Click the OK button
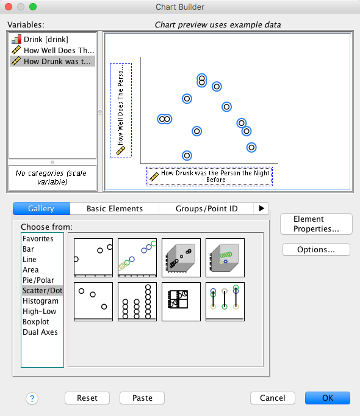(x=328, y=398)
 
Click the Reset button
(x=87, y=398)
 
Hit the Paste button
(x=142, y=398)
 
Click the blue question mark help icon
(x=32, y=398)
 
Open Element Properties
(x=316, y=224)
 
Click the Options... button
(x=316, y=249)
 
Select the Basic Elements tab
(x=115, y=208)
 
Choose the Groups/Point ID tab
(x=206, y=208)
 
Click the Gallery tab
(x=41, y=208)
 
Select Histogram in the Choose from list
(x=40, y=301)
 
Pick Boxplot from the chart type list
(x=36, y=321)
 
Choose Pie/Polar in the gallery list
(x=38, y=280)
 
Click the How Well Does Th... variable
(x=52, y=51)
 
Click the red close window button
(x=9, y=7)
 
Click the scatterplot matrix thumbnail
(x=181, y=302)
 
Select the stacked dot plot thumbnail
(x=137, y=302)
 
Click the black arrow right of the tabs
(x=261, y=208)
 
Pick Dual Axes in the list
(x=40, y=332)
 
